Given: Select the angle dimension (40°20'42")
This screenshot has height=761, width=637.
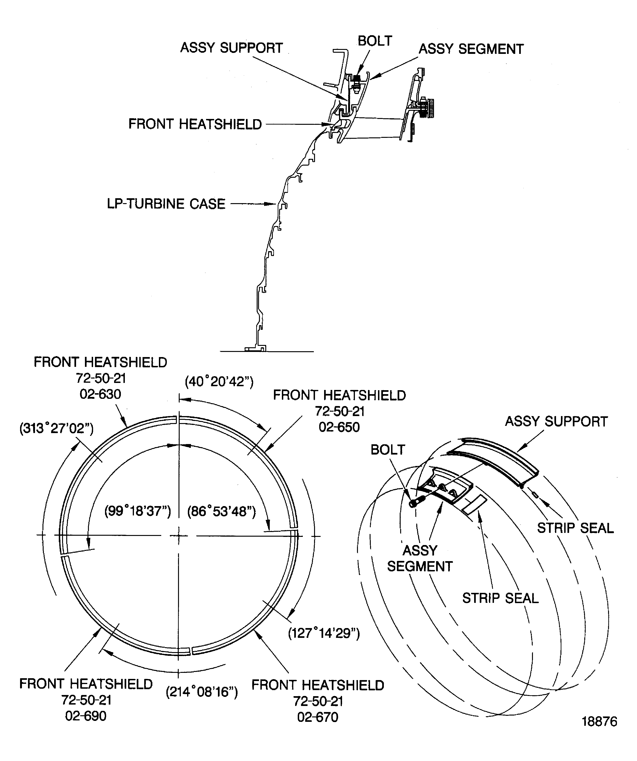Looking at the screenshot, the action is [x=219, y=382].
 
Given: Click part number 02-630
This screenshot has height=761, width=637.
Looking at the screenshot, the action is [x=100, y=394].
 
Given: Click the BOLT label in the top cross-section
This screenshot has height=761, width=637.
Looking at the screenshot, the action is [x=375, y=41].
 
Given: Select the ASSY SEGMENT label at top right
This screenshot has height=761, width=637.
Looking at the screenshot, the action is [x=471, y=49].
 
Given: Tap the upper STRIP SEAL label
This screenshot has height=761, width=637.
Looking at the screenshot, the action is [x=575, y=528].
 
